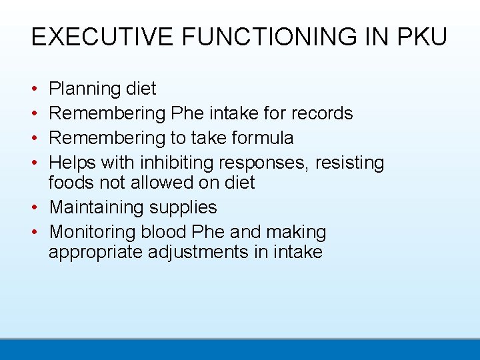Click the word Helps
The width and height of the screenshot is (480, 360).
pyautogui.click(x=73, y=163)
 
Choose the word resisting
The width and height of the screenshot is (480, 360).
pyautogui.click(x=351, y=163)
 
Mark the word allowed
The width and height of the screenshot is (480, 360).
pyautogui.click(x=165, y=183)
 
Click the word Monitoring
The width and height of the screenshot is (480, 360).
pyautogui.click(x=93, y=232)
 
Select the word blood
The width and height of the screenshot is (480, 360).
pyautogui.click(x=163, y=232)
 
